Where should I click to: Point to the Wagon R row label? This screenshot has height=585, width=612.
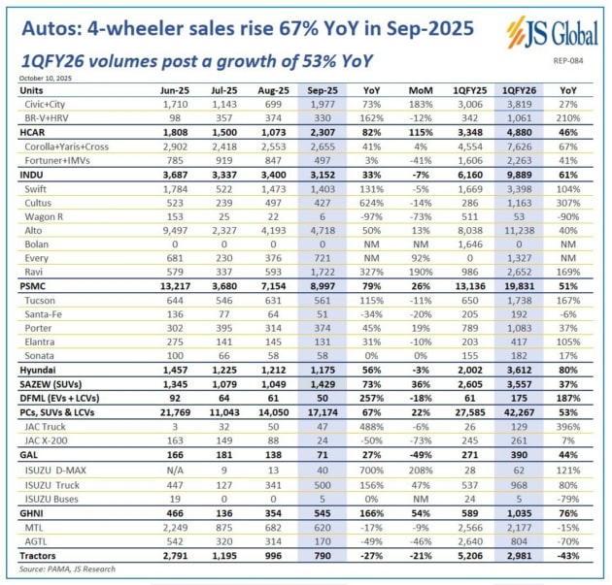[x=48, y=216]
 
